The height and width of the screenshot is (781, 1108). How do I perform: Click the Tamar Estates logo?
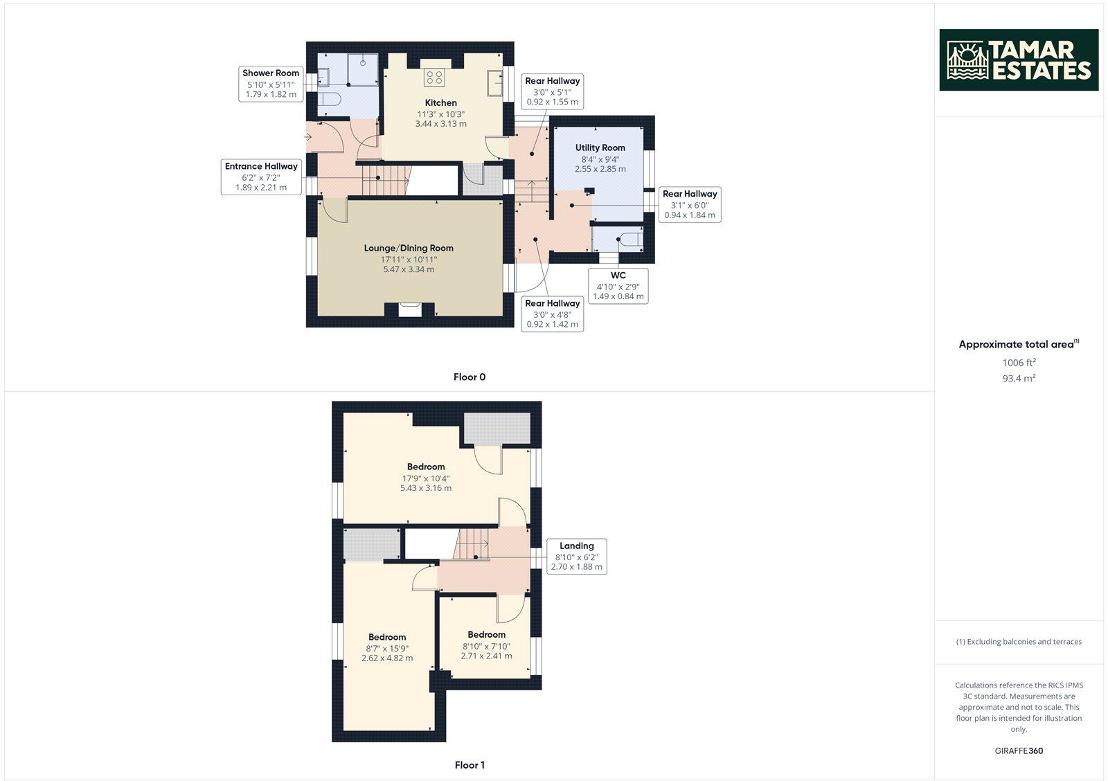[1018, 60]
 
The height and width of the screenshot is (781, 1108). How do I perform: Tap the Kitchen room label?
[440, 103]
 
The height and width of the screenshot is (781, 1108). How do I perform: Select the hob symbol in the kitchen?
[435, 76]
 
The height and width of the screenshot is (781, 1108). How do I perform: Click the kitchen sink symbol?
[494, 83]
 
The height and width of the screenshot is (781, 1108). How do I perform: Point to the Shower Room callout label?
[271, 73]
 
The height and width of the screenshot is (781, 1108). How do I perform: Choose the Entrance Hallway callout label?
[261, 166]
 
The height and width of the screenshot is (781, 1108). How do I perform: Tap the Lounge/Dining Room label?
[409, 248]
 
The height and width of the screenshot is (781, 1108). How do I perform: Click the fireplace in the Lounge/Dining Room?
[409, 309]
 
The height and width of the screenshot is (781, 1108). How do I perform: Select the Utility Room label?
[600, 147]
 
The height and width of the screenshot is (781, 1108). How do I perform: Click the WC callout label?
[618, 276]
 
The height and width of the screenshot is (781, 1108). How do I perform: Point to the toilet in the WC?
[629, 240]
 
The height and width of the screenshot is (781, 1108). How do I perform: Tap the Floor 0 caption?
[470, 377]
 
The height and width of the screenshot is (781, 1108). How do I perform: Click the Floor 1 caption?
[470, 765]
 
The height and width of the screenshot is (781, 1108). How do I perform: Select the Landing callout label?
[576, 546]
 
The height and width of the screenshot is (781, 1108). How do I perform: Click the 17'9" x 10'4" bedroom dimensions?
[426, 478]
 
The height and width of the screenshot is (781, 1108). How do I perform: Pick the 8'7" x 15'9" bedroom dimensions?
[387, 648]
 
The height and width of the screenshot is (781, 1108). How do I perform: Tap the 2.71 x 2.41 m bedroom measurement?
[486, 655]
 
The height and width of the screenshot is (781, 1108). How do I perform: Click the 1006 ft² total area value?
[1019, 362]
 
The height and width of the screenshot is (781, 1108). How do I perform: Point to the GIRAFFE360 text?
[1019, 751]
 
